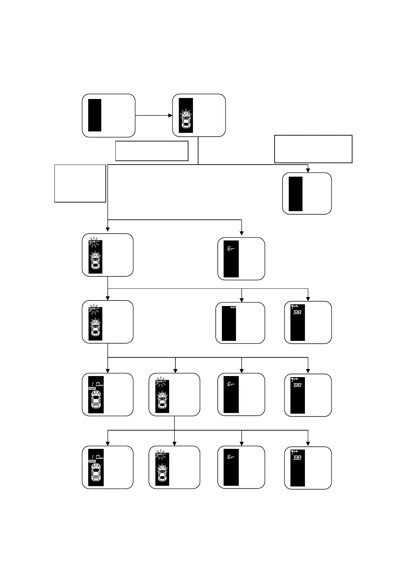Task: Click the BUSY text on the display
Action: click(233, 307)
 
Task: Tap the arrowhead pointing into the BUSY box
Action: click(242, 299)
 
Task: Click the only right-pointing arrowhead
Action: click(170, 115)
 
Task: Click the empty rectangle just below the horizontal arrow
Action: click(152, 151)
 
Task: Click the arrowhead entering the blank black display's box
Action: click(308, 170)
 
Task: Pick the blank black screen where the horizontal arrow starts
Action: click(95, 115)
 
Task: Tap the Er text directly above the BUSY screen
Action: click(231, 248)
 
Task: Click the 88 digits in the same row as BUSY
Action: click(297, 312)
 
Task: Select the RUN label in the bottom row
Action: click(92, 461)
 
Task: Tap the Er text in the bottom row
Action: click(231, 457)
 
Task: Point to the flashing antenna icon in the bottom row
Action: click(161, 455)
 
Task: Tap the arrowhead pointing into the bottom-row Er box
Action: click(242, 444)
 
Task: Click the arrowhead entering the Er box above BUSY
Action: click(242, 233)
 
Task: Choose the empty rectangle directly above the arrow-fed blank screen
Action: click(313, 149)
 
